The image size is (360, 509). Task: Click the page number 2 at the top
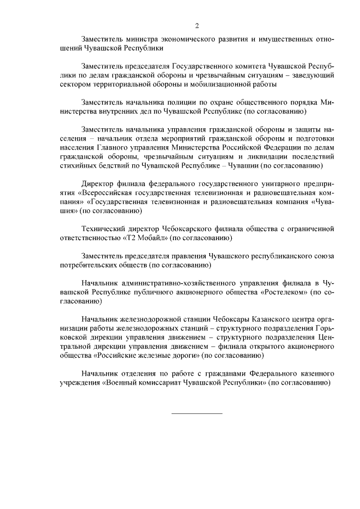pos(197,26)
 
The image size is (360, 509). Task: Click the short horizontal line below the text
pos(197,413)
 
